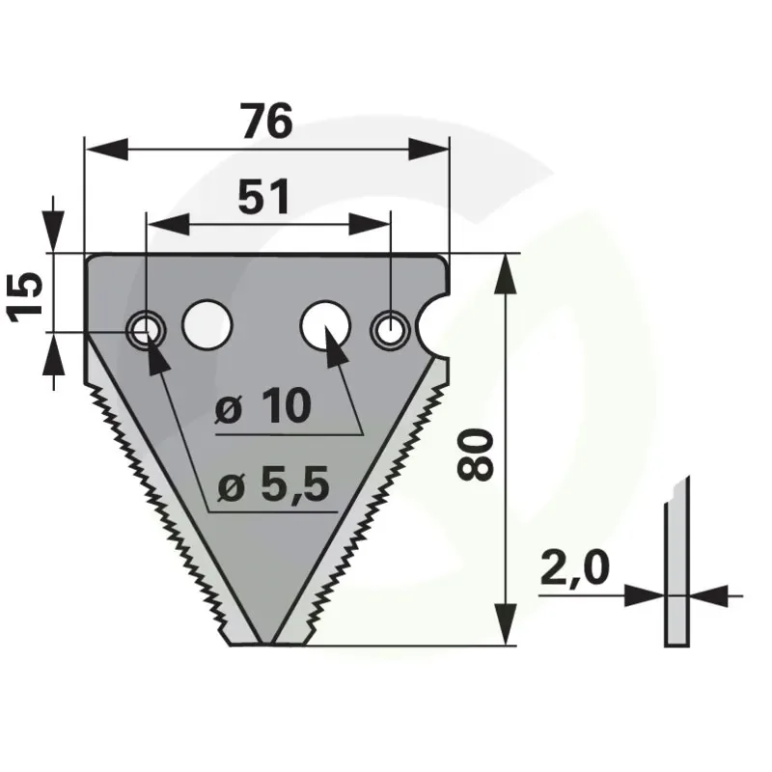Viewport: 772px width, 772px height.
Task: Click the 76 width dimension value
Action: (267, 121)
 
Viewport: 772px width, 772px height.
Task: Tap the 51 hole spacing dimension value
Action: (263, 197)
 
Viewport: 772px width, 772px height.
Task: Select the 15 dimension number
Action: (25, 297)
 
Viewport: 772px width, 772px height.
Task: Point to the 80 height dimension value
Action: (475, 455)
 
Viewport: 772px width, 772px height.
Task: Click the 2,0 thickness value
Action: (574, 569)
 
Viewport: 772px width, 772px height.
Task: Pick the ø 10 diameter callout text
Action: (263, 406)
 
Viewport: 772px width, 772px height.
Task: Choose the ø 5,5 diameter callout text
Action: (274, 485)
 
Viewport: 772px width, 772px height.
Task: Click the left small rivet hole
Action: (147, 329)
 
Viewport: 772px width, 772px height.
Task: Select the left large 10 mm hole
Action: (207, 324)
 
